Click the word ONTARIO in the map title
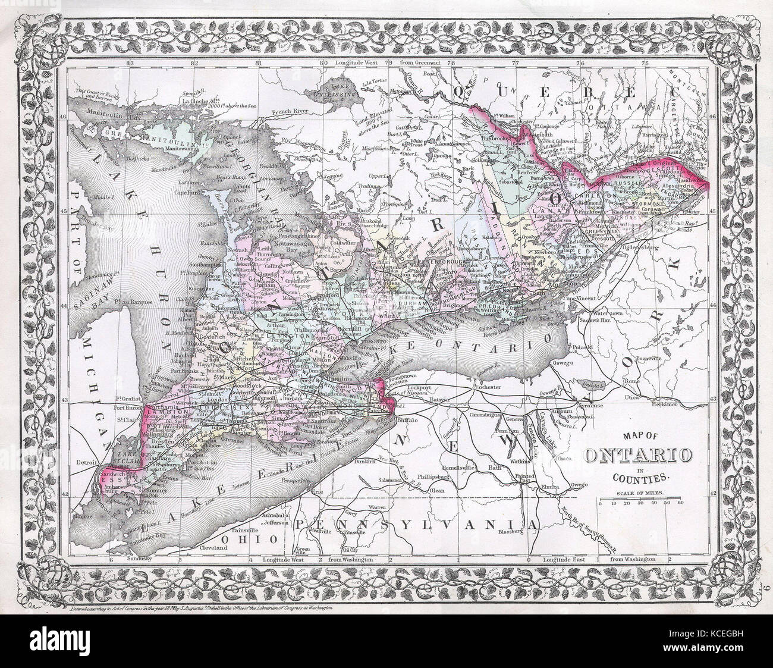(639, 456)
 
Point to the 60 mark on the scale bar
(680, 503)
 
